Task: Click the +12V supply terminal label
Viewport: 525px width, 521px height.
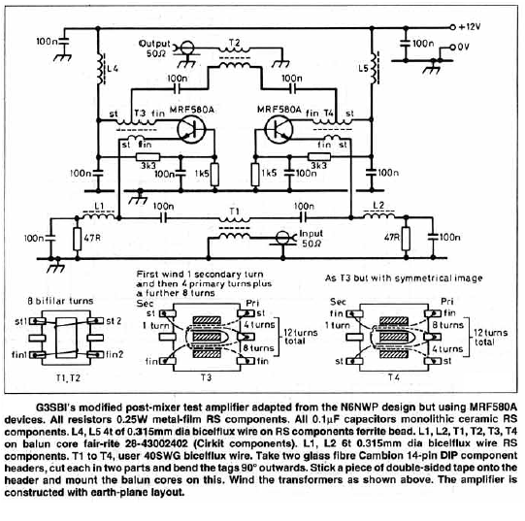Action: [469, 26]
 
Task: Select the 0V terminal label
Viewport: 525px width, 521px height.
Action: [463, 47]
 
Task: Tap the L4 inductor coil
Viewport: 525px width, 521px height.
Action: [100, 69]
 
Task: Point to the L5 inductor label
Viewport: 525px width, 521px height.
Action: [363, 68]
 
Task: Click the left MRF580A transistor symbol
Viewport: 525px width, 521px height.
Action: [190, 130]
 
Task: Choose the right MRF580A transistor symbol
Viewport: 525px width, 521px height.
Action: [279, 130]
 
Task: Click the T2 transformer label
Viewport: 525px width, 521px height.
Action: [235, 43]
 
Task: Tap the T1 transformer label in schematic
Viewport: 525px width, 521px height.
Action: [235, 211]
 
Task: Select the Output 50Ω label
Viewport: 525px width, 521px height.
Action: [154, 49]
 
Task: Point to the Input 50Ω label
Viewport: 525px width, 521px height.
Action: [312, 239]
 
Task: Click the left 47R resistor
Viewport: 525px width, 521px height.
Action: [78, 239]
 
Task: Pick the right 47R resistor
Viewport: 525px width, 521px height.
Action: [407, 239]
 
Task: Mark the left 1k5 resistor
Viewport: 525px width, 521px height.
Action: [215, 175]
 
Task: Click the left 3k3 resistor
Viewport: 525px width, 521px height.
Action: [148, 157]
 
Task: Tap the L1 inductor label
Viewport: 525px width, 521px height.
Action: [99, 206]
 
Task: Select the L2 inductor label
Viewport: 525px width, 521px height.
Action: [378, 205]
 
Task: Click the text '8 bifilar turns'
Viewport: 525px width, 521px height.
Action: [60, 301]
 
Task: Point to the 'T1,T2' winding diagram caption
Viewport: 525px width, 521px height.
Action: [68, 378]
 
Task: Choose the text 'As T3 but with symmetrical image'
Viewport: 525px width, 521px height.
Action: [404, 277]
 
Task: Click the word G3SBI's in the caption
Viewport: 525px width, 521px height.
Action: [55, 407]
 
